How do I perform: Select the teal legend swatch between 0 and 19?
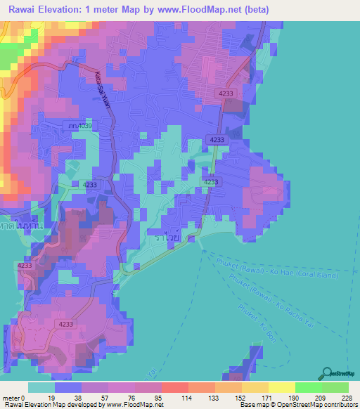click(x=41, y=387)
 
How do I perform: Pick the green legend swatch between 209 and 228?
click(x=335, y=387)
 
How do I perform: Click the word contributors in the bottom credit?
click(x=337, y=405)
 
